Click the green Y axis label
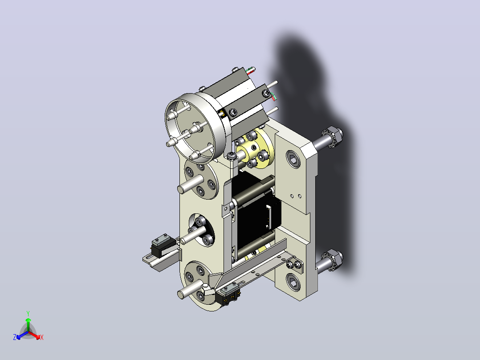[28, 313]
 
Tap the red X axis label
[42, 337]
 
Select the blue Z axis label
[15, 337]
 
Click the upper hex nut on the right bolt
[333, 136]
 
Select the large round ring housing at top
[196, 127]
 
